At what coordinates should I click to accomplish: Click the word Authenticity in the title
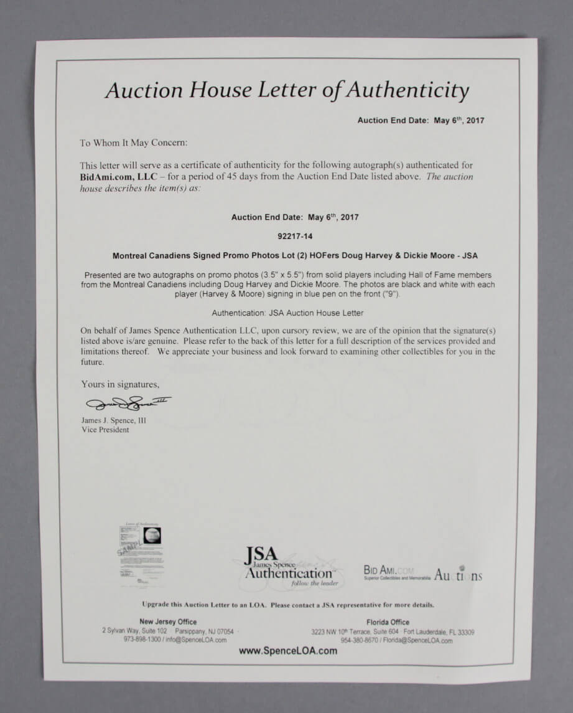tap(408, 90)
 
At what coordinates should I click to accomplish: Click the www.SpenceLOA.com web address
tap(288, 651)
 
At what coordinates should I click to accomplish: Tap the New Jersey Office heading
tap(168, 621)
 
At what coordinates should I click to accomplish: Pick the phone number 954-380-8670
tap(362, 640)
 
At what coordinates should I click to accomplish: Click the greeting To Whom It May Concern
tap(133, 143)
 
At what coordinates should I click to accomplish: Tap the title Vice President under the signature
tap(105, 430)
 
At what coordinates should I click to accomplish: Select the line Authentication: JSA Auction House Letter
tap(287, 313)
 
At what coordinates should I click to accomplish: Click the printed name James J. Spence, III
tap(113, 421)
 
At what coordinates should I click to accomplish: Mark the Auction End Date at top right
tap(420, 121)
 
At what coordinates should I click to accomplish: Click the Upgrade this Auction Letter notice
tap(287, 605)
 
